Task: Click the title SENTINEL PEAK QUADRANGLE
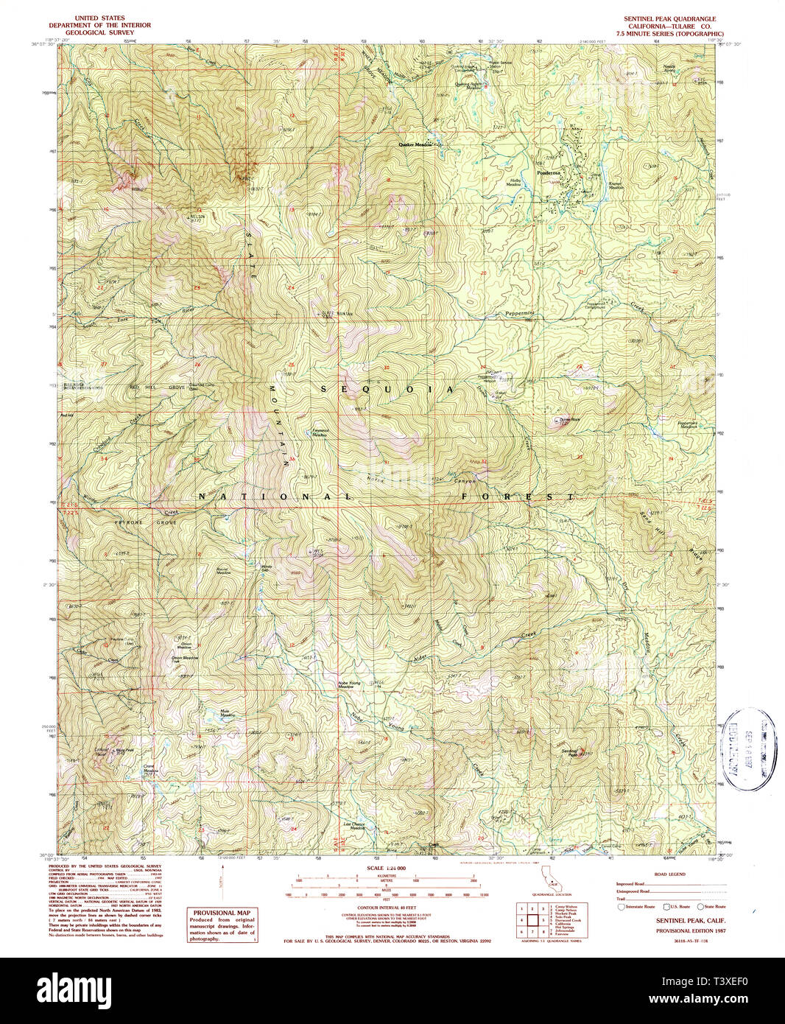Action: [x=669, y=19]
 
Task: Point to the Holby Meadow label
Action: [x=521, y=182]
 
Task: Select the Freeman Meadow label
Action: [x=319, y=434]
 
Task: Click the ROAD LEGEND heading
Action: [x=669, y=874]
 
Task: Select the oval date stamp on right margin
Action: [x=747, y=749]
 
